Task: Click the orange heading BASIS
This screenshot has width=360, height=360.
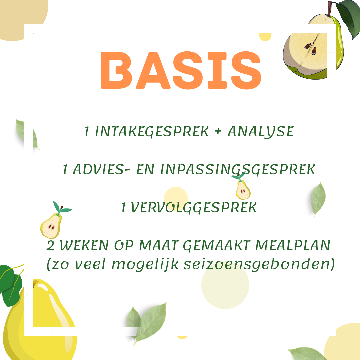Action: coord(181,70)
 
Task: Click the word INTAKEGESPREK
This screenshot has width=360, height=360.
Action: coord(152,132)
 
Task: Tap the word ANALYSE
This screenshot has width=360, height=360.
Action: coord(261,132)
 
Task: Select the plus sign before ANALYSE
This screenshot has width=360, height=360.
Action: coord(218,131)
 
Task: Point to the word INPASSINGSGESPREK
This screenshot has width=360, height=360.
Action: coord(238,170)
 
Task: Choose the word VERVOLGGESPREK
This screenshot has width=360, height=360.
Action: coord(194,208)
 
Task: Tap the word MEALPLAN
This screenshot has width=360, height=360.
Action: coord(293,245)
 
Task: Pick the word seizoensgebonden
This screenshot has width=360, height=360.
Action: coord(257,264)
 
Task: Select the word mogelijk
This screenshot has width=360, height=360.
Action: coord(145,264)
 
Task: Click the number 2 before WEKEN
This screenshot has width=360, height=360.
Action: coord(51,245)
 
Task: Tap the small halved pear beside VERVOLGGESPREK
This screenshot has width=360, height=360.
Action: coord(54,220)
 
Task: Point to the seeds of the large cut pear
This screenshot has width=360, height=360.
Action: coord(311,48)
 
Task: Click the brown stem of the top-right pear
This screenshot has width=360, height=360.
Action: coord(330,8)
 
